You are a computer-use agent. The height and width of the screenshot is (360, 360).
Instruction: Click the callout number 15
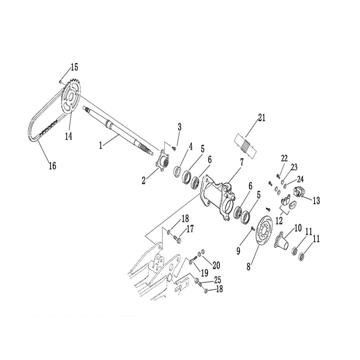tap(74, 67)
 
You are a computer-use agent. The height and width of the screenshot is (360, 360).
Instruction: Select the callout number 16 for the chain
tap(52, 166)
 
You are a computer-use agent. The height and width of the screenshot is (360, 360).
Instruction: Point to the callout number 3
tap(179, 127)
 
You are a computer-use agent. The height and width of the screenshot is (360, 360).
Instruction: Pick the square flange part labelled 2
tap(162, 162)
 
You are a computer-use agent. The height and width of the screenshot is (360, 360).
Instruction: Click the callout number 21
tap(262, 118)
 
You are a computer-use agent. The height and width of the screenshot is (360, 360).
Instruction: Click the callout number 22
tap(284, 158)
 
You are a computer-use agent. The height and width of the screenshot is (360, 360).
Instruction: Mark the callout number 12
tap(279, 220)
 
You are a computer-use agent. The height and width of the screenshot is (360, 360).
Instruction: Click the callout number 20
tap(216, 264)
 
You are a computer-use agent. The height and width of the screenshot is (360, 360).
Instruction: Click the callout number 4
tap(191, 146)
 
